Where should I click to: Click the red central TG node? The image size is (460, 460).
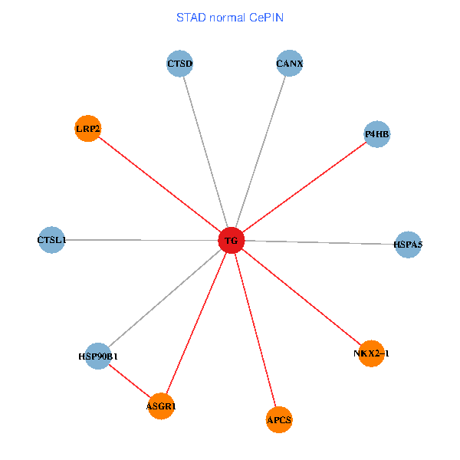pyautogui.click(x=232, y=241)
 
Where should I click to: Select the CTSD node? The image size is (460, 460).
pyautogui.click(x=179, y=63)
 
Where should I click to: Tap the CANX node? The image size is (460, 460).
pyautogui.click(x=290, y=63)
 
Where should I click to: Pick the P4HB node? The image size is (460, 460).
pyautogui.click(x=376, y=134)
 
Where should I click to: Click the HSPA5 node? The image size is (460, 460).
pyautogui.click(x=408, y=245)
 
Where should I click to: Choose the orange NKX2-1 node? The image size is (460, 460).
pyautogui.click(x=371, y=353)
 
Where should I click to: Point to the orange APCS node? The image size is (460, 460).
pyautogui.click(x=279, y=419)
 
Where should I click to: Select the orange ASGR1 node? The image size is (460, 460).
pyautogui.click(x=161, y=406)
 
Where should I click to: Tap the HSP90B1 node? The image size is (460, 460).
pyautogui.click(x=98, y=356)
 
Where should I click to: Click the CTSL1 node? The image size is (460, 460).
pyautogui.click(x=51, y=240)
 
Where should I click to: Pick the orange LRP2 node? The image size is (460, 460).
pyautogui.click(x=88, y=128)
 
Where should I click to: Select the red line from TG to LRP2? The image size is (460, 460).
pyautogui.click(x=159, y=184)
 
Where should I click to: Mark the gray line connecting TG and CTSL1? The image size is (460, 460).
pyautogui.click(x=142, y=240)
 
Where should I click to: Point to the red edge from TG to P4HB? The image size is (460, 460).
pyautogui.click(x=304, y=188)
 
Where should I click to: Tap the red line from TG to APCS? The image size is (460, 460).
pyautogui.click(x=255, y=330)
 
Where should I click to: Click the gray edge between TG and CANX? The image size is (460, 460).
pyautogui.click(x=261, y=152)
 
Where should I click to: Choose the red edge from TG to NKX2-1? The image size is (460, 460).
pyautogui.click(x=301, y=297)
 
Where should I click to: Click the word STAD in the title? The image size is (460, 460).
pyautogui.click(x=192, y=18)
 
